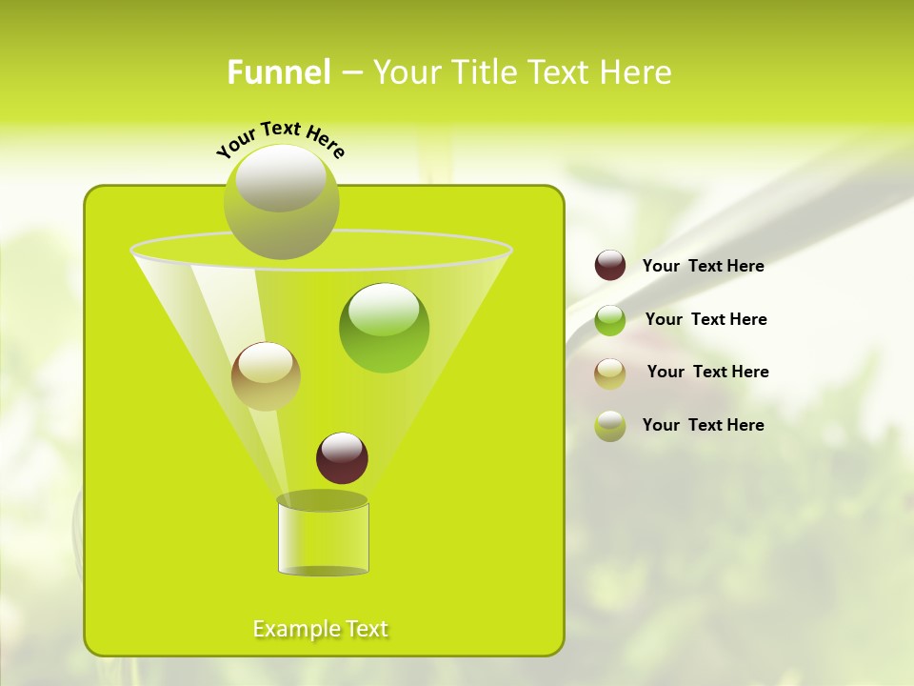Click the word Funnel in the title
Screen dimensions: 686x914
(x=279, y=72)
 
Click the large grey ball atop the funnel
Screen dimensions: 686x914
(x=282, y=202)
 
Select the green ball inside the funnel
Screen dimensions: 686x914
(x=385, y=329)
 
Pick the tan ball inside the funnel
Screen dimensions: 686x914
(x=266, y=376)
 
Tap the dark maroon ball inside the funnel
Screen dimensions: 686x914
(x=342, y=458)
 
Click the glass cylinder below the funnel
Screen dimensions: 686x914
(x=323, y=538)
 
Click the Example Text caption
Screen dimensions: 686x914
(x=321, y=629)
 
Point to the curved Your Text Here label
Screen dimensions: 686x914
(x=281, y=138)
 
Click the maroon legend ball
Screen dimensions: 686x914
(x=610, y=266)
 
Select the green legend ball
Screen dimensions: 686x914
(x=610, y=319)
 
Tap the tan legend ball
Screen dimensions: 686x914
(x=610, y=373)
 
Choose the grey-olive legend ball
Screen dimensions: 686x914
(x=610, y=426)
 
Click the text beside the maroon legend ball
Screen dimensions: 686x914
(x=703, y=266)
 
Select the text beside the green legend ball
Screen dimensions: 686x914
(x=705, y=319)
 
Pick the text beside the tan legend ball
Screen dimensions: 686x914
(x=707, y=372)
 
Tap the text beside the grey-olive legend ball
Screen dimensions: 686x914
(x=703, y=425)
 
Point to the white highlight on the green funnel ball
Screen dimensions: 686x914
(x=385, y=310)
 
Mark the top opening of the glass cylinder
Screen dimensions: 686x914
(x=323, y=500)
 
